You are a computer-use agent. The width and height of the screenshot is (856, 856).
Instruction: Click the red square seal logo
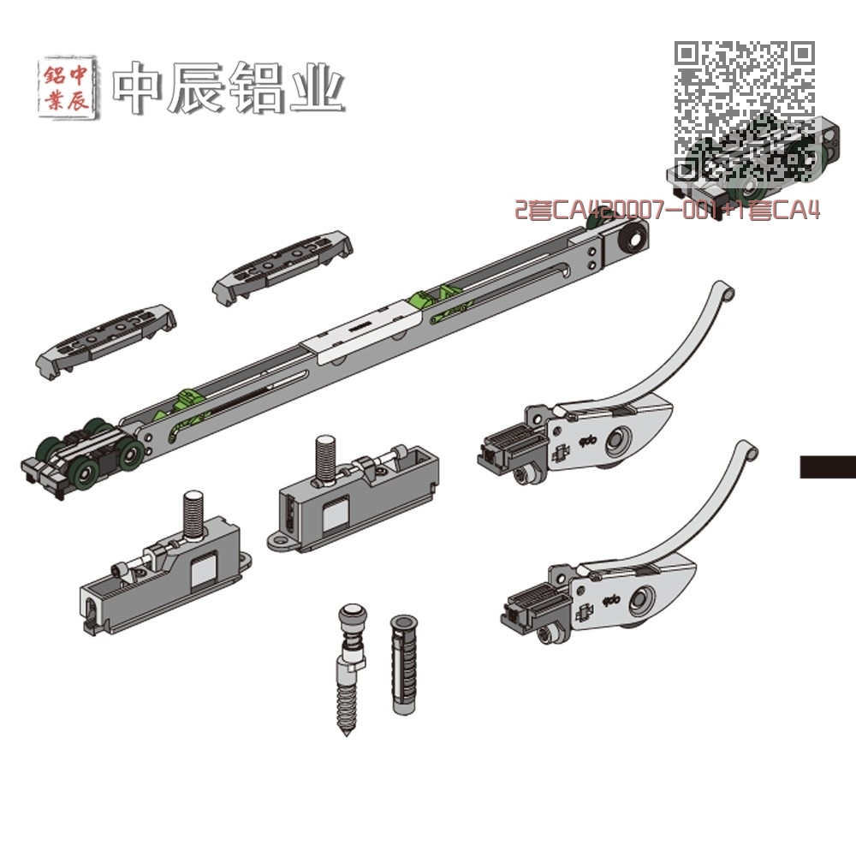tap(66, 87)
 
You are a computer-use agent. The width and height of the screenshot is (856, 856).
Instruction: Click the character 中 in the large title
tap(140, 87)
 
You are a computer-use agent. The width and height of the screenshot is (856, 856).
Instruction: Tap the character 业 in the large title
tap(316, 87)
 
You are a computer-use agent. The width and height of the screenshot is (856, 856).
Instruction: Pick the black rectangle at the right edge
tap(828, 467)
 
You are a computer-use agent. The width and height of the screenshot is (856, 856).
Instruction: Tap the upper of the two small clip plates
tap(282, 264)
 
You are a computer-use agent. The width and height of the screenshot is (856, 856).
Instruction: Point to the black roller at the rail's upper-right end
tap(634, 238)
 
